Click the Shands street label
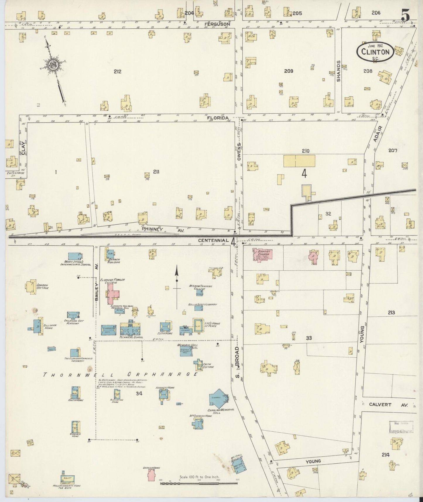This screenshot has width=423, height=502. [x=339, y=71]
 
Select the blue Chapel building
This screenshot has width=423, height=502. [x=218, y=398]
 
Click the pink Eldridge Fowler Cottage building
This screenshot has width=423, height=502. [x=112, y=294]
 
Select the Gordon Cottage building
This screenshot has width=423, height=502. [x=30, y=286]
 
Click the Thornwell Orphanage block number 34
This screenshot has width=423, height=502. [x=139, y=393]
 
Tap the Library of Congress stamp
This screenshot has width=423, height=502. [x=401, y=427]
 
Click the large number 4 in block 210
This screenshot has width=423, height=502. [x=304, y=174]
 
